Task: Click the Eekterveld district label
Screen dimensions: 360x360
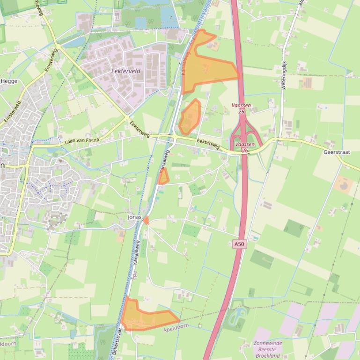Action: (x=126, y=71)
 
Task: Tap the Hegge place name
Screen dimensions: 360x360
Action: (x=9, y=81)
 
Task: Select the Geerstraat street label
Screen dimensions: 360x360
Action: (x=337, y=152)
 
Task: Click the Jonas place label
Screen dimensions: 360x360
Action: (x=134, y=217)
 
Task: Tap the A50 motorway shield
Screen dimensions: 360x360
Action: (x=238, y=244)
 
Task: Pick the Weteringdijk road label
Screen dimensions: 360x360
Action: (x=284, y=75)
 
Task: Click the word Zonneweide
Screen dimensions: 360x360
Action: (x=268, y=343)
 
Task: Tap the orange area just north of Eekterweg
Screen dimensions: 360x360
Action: (x=190, y=117)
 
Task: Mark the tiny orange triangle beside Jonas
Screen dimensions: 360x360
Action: (x=146, y=220)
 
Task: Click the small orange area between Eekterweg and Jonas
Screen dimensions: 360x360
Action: (x=163, y=177)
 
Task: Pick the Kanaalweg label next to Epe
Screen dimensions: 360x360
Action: (x=137, y=253)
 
